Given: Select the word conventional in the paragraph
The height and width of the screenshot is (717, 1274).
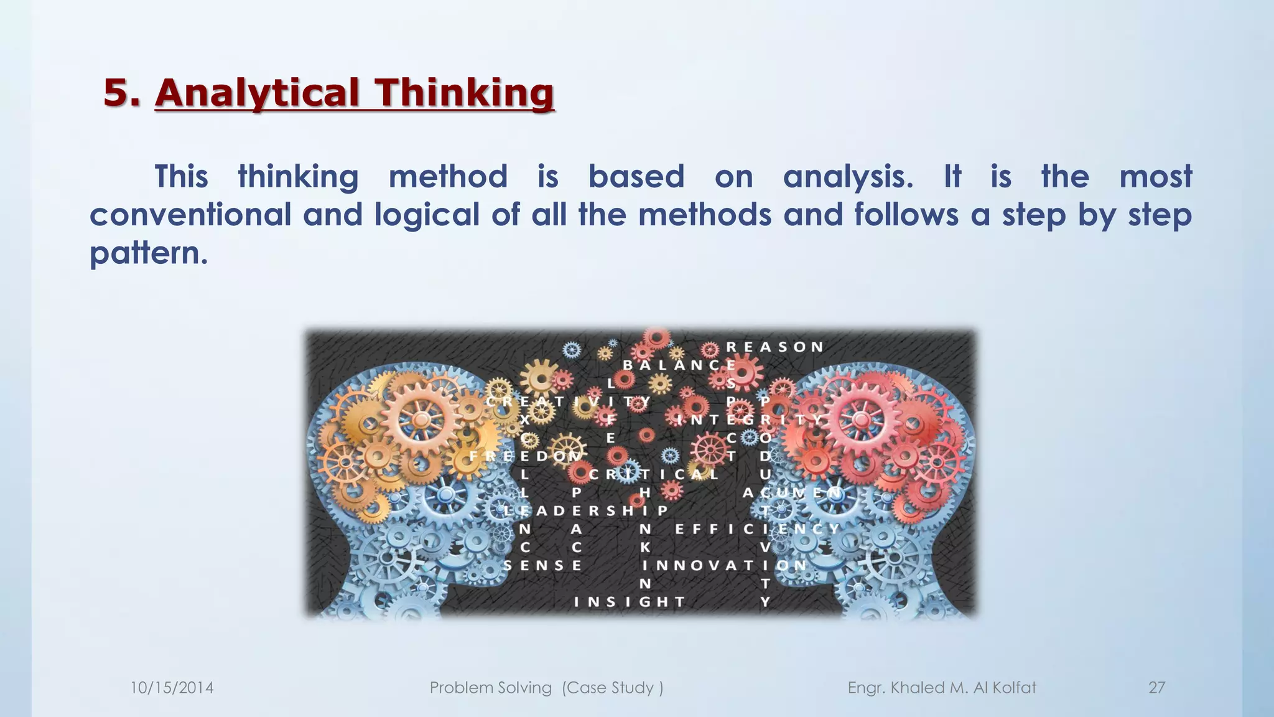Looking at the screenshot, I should [x=190, y=215].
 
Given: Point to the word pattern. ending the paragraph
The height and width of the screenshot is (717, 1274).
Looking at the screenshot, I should [x=148, y=253].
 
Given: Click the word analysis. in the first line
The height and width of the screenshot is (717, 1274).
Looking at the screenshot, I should [x=848, y=177].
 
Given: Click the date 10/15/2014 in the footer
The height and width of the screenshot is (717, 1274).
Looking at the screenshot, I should [x=172, y=688].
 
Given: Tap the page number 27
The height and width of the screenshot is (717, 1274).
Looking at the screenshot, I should [x=1156, y=688].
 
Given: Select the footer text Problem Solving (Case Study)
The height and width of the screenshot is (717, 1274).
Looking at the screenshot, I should [x=546, y=688].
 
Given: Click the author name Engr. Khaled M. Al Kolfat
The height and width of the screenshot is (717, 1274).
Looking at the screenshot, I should [x=942, y=688].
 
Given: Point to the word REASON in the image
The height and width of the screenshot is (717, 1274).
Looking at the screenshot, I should [x=775, y=347].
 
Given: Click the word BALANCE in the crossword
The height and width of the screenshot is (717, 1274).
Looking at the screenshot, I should [x=679, y=365].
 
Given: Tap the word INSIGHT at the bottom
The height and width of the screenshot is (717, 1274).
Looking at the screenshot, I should [x=629, y=602].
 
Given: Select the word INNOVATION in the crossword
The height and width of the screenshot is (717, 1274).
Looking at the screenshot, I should [x=724, y=565].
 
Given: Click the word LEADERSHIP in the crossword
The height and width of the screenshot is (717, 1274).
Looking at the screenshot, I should [x=585, y=511].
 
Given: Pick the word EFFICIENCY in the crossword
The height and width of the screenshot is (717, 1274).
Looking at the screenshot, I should [x=757, y=529].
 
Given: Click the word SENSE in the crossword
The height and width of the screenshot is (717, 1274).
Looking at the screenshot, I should [x=542, y=565].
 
